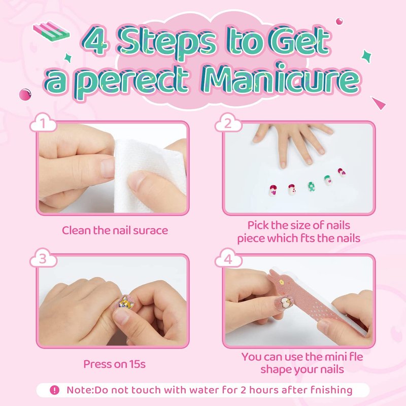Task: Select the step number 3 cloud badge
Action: (x=43, y=258)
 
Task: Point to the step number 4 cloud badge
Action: (x=228, y=258)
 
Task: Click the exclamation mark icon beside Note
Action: (x=55, y=390)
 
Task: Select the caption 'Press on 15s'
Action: (x=114, y=364)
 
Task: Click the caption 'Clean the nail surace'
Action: (x=115, y=230)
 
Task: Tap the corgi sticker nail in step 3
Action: (x=126, y=301)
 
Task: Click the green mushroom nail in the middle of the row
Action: (x=311, y=186)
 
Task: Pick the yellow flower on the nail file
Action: (x=281, y=282)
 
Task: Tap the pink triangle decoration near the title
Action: (x=379, y=103)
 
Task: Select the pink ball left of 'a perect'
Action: (x=25, y=94)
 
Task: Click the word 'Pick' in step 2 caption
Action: (x=258, y=225)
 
